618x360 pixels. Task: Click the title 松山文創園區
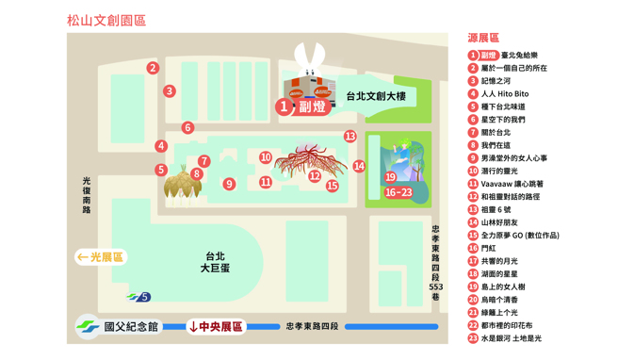[x=106, y=20]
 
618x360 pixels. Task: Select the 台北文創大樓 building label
[x=375, y=96]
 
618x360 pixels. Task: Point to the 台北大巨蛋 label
[x=215, y=262]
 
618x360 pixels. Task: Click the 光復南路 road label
[x=87, y=194]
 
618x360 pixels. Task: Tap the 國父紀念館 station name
[x=131, y=327]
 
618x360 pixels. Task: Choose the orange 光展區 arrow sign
[x=101, y=257]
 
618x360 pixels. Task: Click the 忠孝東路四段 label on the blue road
[x=315, y=327]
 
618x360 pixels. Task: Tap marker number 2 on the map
[x=153, y=68]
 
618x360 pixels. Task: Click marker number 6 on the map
[x=187, y=128]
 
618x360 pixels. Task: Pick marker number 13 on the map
[x=350, y=137]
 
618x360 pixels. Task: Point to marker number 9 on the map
[x=229, y=185]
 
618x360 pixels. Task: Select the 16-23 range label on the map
[x=398, y=192]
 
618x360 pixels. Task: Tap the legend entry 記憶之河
[x=496, y=81]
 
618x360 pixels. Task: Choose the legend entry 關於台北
[x=496, y=133]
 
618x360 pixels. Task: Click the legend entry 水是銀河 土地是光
[x=511, y=338]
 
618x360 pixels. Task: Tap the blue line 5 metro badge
[x=143, y=298]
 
